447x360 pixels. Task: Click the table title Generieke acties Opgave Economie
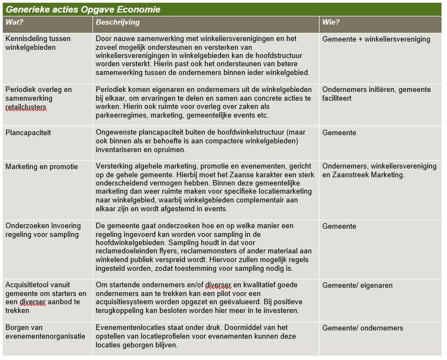(x=84, y=10)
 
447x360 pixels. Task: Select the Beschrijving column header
(x=118, y=22)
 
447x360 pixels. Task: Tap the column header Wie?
(x=331, y=22)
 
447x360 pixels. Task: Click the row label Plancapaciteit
(x=28, y=132)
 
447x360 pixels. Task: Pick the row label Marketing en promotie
(x=42, y=166)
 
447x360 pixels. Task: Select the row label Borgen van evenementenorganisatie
(x=45, y=332)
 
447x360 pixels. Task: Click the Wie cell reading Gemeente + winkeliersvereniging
(x=376, y=39)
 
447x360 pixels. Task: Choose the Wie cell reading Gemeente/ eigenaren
(x=357, y=285)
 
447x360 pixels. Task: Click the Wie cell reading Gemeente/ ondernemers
(x=362, y=328)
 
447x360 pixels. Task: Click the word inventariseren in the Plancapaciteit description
(x=121, y=149)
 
